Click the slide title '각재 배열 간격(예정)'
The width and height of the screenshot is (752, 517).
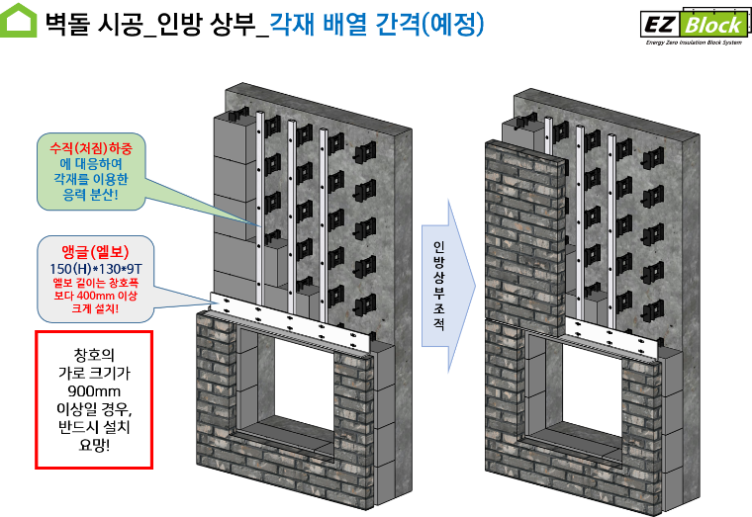click(x=377, y=24)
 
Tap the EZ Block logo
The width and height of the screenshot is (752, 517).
click(x=692, y=25)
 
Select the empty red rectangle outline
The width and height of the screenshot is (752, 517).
click(x=94, y=399)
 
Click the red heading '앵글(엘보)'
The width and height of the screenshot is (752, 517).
click(x=95, y=251)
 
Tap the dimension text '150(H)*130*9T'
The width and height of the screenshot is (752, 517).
click(x=95, y=268)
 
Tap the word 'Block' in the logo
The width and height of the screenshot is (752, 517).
click(x=710, y=24)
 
